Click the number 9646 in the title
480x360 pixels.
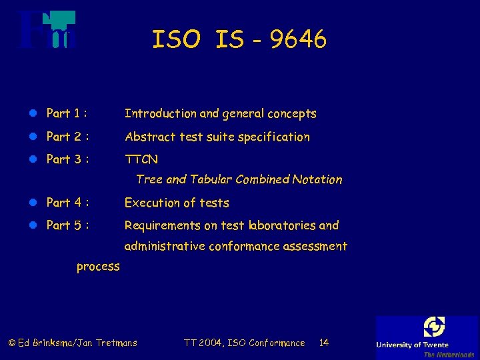point(300,40)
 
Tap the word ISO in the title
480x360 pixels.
point(176,40)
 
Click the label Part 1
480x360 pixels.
point(64,113)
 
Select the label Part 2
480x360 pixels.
point(64,137)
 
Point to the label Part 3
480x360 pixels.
point(64,159)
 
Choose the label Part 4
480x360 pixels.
point(64,203)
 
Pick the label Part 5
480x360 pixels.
point(64,225)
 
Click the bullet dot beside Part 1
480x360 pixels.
point(33,114)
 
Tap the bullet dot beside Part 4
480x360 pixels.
point(33,203)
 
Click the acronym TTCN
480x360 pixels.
point(141,160)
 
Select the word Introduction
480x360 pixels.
point(160,113)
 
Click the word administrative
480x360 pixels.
point(164,246)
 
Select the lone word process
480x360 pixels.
point(98,267)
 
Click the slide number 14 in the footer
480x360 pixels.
point(324,343)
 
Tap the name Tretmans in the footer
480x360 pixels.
point(116,343)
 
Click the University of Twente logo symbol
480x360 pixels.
point(434,327)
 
